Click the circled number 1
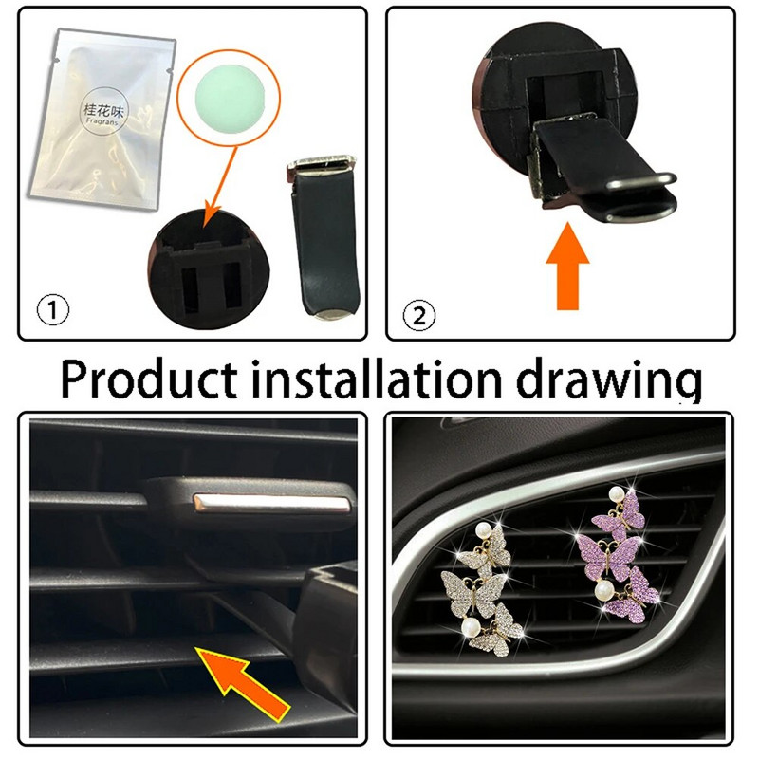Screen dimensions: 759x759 (49, 309)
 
